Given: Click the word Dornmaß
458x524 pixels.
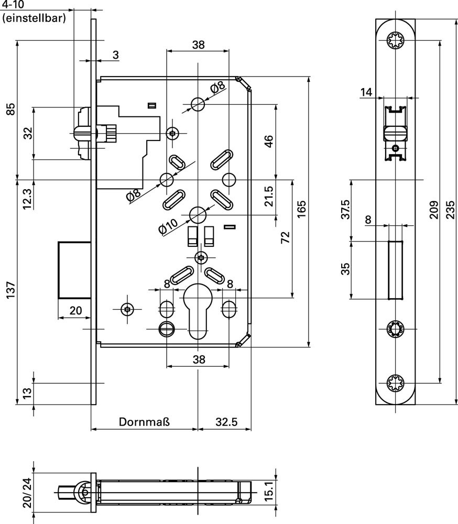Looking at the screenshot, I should [145, 422].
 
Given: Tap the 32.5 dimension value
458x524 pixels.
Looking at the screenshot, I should [226, 422].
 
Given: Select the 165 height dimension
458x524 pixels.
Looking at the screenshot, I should [300, 210].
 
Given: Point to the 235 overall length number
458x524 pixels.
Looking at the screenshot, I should [450, 210].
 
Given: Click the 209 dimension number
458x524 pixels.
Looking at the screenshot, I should [433, 210].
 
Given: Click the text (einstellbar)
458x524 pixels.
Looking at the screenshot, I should [34, 19].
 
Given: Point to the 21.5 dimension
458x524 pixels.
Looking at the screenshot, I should [268, 196].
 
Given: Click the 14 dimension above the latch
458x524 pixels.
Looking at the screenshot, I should [366, 93].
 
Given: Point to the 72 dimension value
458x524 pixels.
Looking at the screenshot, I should [285, 238].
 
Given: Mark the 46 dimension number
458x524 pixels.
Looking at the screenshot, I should [268, 141].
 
